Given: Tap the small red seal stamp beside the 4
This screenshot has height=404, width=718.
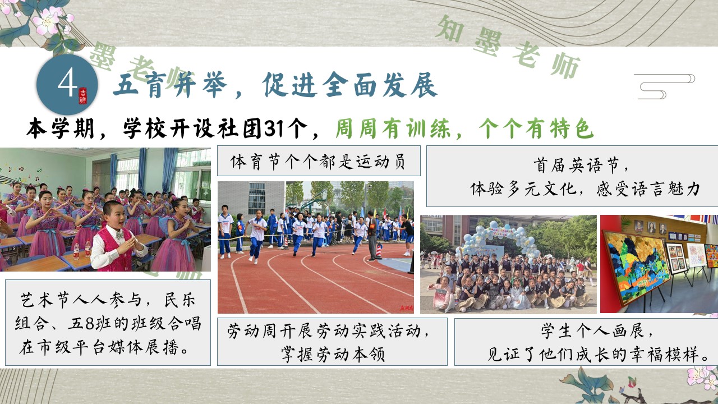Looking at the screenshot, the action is click(83, 96).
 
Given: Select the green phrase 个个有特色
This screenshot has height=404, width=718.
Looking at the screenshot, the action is click(536, 129).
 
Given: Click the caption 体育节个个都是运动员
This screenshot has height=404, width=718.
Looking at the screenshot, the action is click(318, 161).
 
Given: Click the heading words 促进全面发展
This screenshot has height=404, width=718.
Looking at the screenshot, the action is click(350, 85).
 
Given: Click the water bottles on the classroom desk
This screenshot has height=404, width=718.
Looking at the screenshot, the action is click(81, 249).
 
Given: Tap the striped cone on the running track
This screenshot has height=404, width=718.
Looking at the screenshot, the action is click(379, 251).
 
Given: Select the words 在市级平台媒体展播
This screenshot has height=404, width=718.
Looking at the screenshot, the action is click(99, 347).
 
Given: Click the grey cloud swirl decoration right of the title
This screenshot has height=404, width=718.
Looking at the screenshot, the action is click(664, 86).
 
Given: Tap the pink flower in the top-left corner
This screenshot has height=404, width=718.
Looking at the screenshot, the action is click(49, 21).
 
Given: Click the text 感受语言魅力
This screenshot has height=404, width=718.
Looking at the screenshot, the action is click(648, 189).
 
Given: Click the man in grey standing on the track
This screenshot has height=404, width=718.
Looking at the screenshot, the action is click(372, 236).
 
